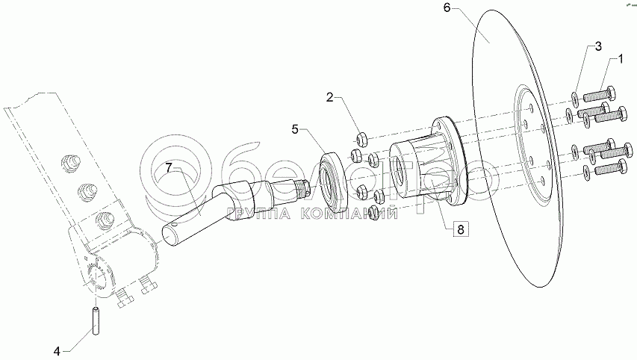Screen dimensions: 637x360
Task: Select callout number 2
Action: coord(329,97)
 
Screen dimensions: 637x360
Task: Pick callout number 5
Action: coord(294,129)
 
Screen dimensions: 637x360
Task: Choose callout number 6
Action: coord(446,8)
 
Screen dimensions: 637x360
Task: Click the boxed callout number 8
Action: coord(460,229)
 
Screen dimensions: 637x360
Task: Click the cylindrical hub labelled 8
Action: coord(415,168)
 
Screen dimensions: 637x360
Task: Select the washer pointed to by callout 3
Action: coord(572,99)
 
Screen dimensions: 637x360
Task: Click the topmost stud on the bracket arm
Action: coord(70,161)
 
